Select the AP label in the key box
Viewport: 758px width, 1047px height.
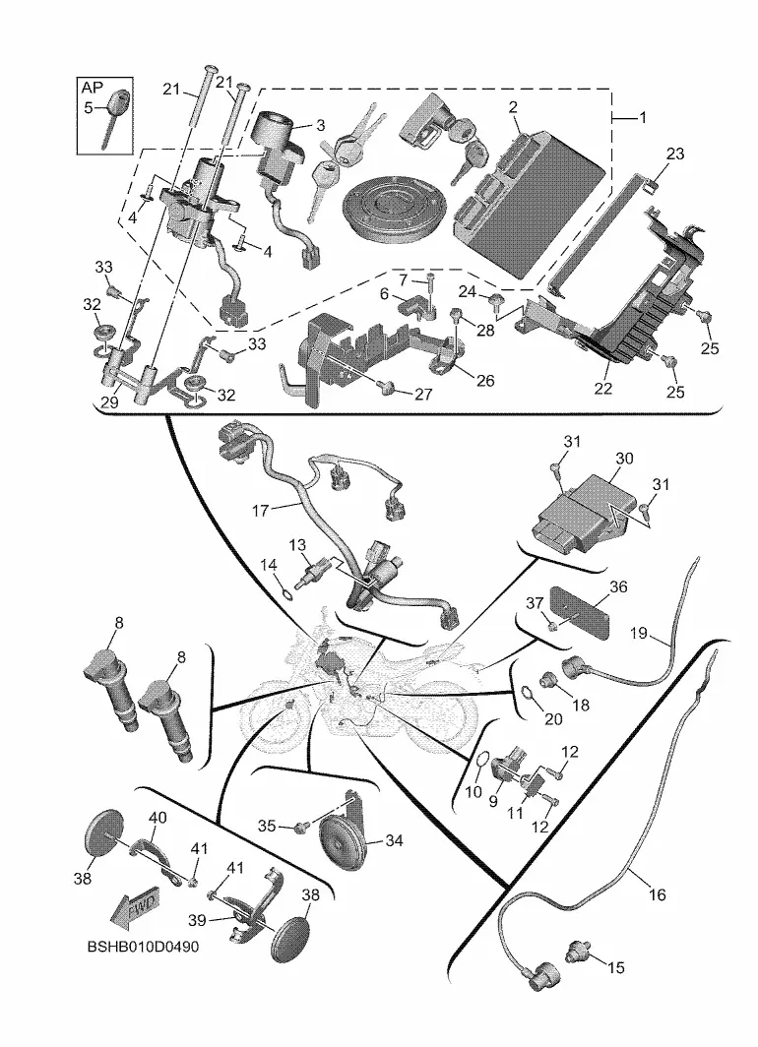point(92,88)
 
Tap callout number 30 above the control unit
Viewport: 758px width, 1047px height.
point(625,459)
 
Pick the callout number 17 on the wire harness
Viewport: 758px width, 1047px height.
point(260,510)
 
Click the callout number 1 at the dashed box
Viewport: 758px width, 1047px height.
point(643,118)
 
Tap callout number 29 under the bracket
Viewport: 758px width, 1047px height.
point(108,404)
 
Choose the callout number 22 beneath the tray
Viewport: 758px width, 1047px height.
point(603,388)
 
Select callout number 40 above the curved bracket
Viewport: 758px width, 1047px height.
point(158,818)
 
